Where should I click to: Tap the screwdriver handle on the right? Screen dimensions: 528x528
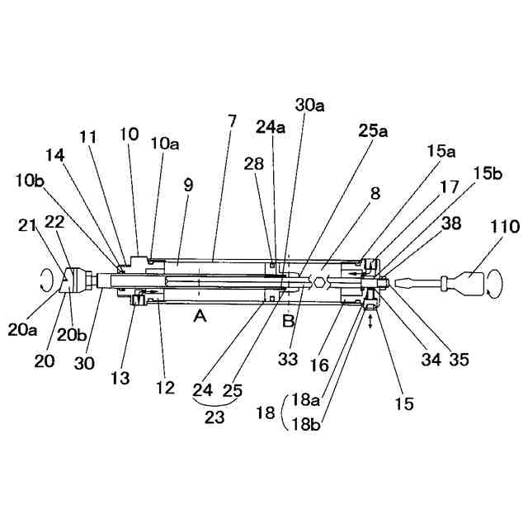point(471,284)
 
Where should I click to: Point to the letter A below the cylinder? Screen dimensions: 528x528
point(199,316)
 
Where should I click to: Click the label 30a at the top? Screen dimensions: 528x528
point(309,106)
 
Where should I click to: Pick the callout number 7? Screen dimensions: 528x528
point(233,121)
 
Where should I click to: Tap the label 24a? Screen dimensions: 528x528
point(270,126)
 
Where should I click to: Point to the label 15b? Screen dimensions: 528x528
point(487,174)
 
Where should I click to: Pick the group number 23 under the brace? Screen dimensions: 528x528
point(214,417)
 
